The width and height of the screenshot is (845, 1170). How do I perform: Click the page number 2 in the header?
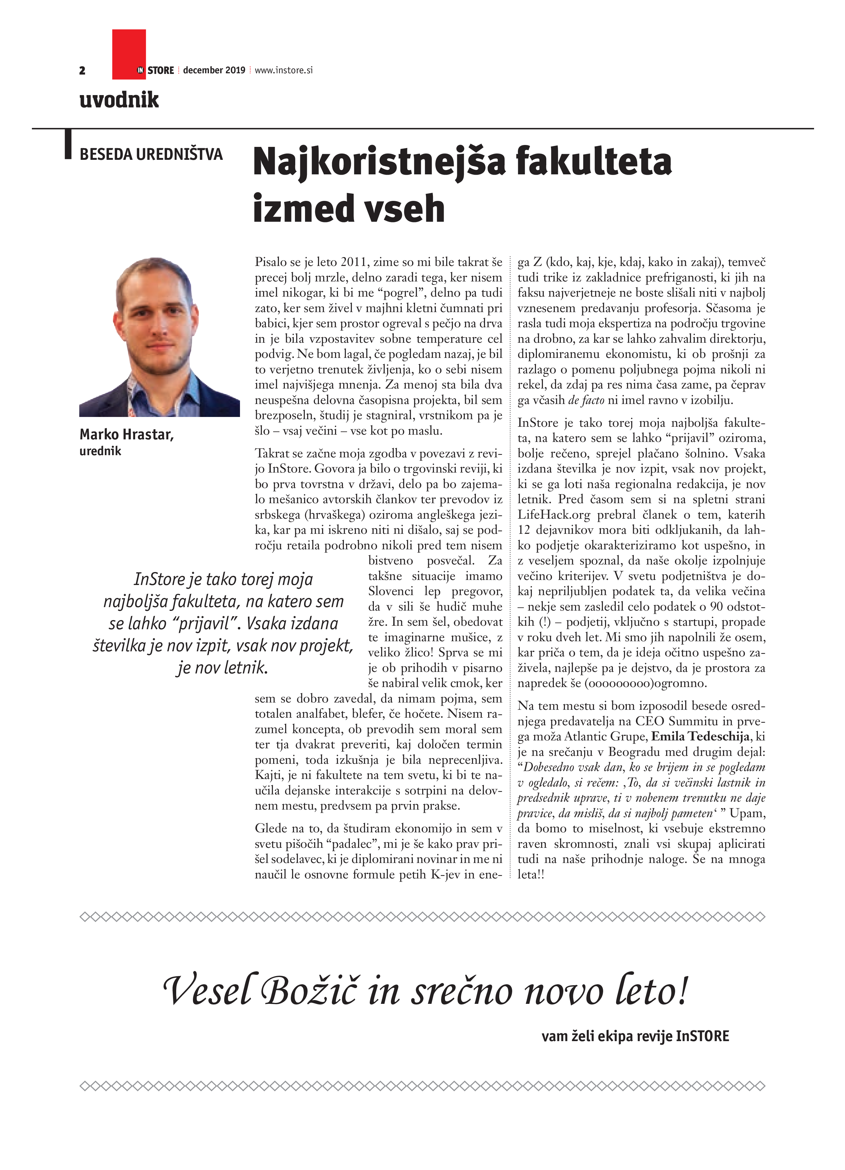coord(82,71)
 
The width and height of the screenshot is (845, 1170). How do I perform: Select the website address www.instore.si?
coord(284,70)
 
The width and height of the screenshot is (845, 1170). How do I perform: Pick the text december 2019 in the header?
coord(214,70)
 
